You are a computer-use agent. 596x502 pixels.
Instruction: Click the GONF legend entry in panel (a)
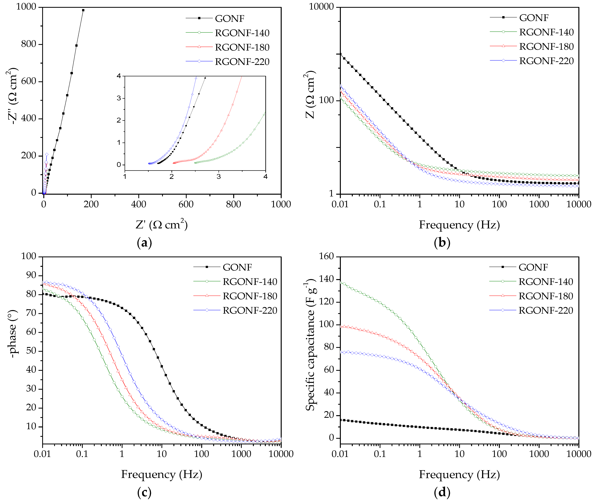tap(229, 19)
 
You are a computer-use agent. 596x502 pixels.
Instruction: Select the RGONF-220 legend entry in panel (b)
tap(546, 61)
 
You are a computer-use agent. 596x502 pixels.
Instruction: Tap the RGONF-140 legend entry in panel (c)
tap(250, 282)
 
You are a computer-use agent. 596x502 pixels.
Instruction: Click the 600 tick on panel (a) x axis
tap(186, 204)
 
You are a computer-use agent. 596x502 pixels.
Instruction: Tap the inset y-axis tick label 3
tap(119, 98)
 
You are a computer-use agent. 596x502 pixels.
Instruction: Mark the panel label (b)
tap(442, 243)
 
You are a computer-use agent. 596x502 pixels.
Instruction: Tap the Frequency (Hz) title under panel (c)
tap(162, 474)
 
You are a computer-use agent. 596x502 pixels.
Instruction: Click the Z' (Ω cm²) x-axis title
tap(162, 225)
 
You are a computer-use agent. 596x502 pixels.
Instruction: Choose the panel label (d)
tap(442, 492)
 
